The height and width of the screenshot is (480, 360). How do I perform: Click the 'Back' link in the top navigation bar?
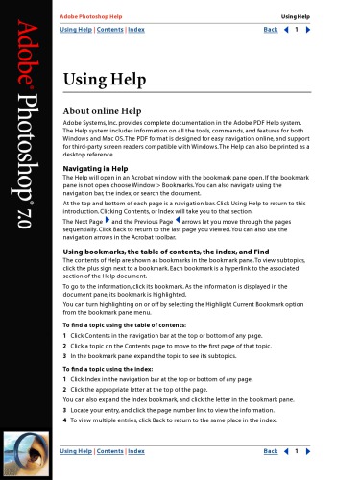[x=271, y=31]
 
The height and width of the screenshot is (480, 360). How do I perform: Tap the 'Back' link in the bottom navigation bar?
[x=271, y=450]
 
